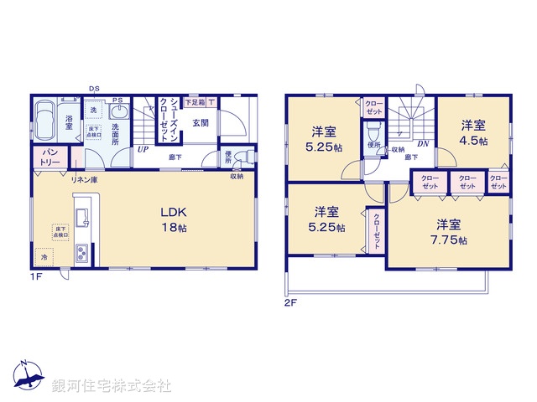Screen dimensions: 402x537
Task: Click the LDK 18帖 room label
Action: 174,219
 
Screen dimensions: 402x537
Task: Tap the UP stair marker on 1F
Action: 143,151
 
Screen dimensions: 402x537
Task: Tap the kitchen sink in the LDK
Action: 81,220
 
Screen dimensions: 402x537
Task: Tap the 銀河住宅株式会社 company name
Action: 112,386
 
